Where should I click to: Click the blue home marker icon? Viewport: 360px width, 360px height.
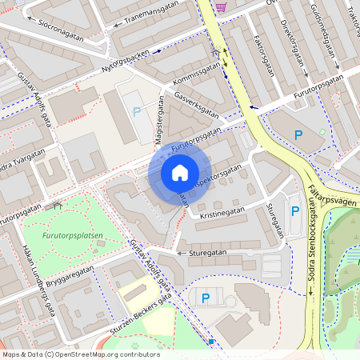click(x=180, y=173)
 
